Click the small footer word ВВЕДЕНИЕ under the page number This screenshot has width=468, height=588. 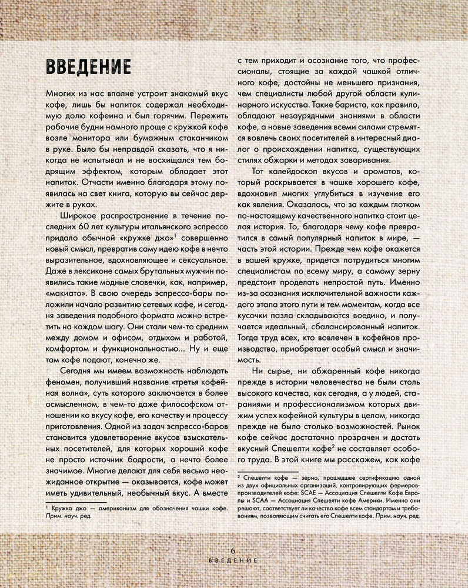click(x=233, y=562)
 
